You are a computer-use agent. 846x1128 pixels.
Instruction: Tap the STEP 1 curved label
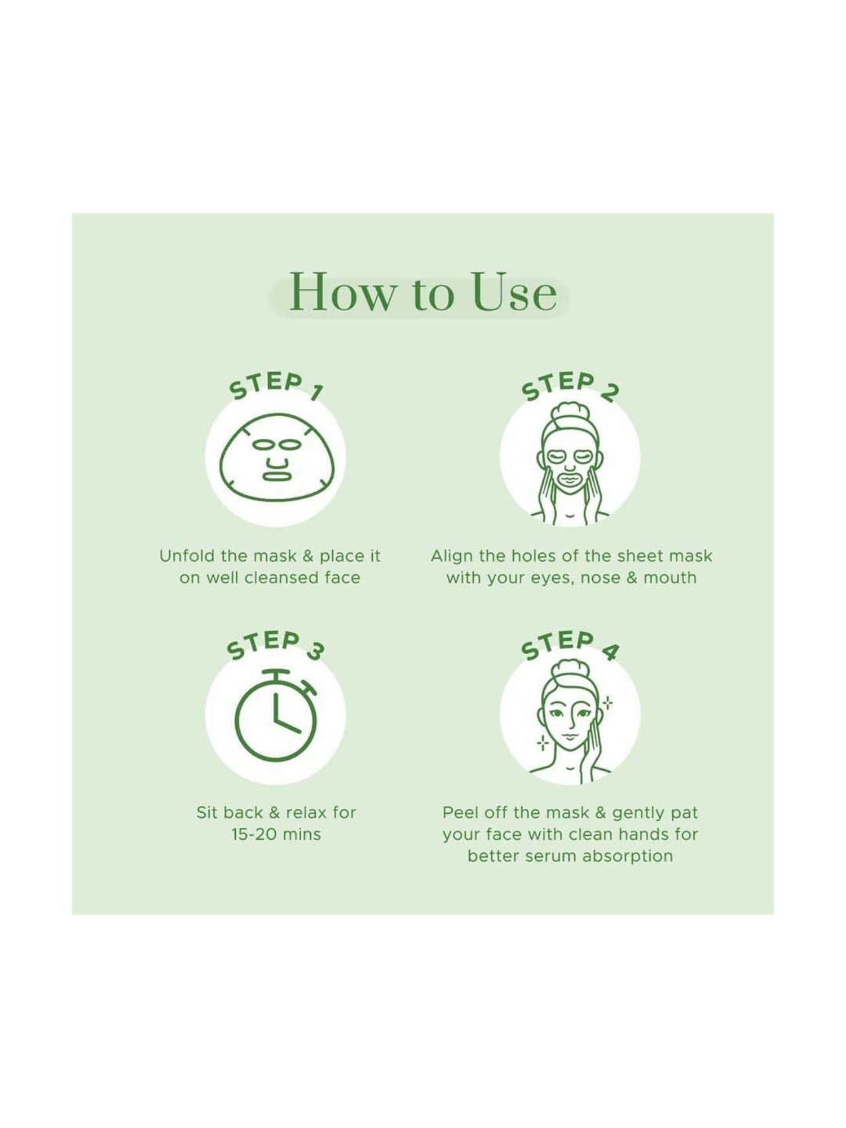coord(275,386)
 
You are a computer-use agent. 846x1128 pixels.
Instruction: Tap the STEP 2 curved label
coord(570,386)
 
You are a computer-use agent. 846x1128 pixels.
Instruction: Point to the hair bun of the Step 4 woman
coord(570,671)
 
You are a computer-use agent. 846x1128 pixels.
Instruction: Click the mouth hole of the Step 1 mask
coord(276,475)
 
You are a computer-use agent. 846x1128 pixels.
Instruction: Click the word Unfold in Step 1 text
coord(187,556)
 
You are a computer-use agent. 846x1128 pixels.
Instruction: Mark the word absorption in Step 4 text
coord(628,857)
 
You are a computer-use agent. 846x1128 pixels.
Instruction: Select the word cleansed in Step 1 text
coord(274,578)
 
